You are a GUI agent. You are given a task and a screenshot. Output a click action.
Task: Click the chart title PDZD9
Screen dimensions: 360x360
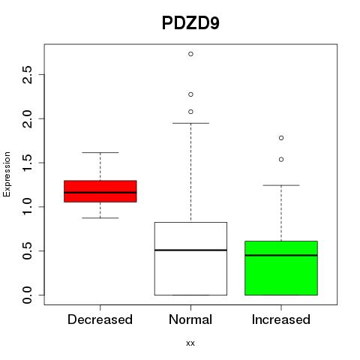pyautogui.click(x=190, y=23)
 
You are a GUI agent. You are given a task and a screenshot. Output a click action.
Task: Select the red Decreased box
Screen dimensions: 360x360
pyautogui.click(x=100, y=191)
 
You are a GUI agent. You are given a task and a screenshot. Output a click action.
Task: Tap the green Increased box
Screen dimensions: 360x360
pyautogui.click(x=281, y=268)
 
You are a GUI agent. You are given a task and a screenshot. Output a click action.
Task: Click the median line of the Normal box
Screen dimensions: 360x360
pyautogui.click(x=190, y=250)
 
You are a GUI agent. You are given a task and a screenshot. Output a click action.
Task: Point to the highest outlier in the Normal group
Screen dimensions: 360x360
pyautogui.click(x=190, y=54)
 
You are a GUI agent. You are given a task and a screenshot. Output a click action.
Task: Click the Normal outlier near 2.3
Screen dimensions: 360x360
pyautogui.click(x=190, y=94)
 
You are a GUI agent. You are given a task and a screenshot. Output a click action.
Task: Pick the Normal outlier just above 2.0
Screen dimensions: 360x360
pyautogui.click(x=190, y=112)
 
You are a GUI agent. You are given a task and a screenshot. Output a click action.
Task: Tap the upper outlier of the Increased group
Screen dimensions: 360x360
pyautogui.click(x=281, y=138)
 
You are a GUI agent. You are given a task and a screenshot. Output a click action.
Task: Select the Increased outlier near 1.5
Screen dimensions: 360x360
pyautogui.click(x=281, y=160)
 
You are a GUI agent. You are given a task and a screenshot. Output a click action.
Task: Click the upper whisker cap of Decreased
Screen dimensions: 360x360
pyautogui.click(x=100, y=152)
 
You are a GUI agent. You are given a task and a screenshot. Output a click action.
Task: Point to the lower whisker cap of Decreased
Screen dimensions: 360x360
pyautogui.click(x=100, y=218)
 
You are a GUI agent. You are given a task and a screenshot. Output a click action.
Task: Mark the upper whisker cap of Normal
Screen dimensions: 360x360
pyautogui.click(x=190, y=123)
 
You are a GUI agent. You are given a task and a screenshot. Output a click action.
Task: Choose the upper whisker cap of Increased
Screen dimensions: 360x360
pyautogui.click(x=281, y=185)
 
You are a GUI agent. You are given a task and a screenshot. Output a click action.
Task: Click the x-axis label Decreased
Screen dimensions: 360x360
pyautogui.click(x=100, y=319)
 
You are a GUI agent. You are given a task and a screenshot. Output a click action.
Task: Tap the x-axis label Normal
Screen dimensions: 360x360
pyautogui.click(x=190, y=319)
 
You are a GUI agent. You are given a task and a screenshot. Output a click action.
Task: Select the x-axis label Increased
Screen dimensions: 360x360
pyautogui.click(x=281, y=319)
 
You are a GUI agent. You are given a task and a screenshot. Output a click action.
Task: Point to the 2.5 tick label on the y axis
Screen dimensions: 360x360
pyautogui.click(x=27, y=75)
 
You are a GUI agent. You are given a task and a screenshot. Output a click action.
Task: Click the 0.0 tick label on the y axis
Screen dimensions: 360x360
pyautogui.click(x=27, y=295)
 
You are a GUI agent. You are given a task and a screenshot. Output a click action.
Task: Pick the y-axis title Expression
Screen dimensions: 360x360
pyautogui.click(x=7, y=174)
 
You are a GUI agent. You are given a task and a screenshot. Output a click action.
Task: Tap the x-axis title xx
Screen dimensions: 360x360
pyautogui.click(x=190, y=343)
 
